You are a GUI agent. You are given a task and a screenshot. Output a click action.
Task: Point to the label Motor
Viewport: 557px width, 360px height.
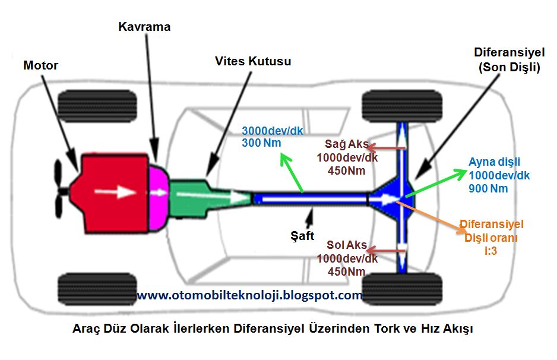(40, 65)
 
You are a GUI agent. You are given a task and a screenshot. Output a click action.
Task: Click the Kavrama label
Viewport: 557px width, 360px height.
(144, 27)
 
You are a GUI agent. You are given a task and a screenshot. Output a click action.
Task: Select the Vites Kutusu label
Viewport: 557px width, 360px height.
(254, 61)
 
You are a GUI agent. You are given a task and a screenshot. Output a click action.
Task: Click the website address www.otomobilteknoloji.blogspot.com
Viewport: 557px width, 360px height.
(249, 295)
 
